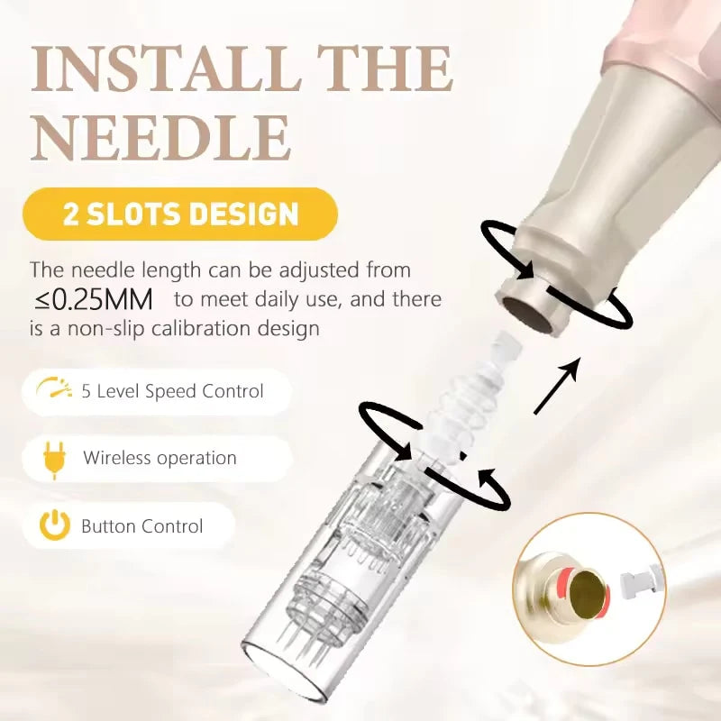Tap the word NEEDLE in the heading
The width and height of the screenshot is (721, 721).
pos(161,138)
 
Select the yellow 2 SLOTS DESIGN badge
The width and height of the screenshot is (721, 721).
pos(180,214)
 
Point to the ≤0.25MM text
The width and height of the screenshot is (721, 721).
pos(94,300)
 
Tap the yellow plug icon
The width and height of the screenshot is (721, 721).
pos(54,460)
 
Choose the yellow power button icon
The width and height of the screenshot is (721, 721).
pos(55,525)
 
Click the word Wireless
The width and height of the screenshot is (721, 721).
pos(117,458)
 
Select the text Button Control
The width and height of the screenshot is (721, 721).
pos(142,526)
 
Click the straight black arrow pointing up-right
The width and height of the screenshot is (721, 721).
pos(555,386)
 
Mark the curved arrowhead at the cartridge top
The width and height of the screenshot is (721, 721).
pos(486,479)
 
